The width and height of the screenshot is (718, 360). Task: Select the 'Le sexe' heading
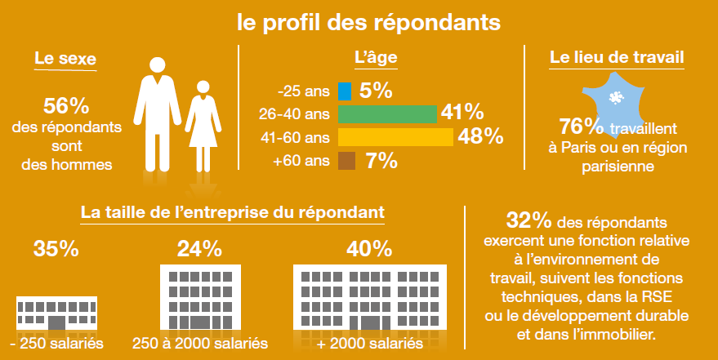tap(65, 60)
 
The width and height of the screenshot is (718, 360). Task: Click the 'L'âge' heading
tap(376, 60)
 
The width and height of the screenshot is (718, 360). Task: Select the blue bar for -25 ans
tap(344, 90)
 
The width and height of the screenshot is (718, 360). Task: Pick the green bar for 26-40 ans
tap(387, 113)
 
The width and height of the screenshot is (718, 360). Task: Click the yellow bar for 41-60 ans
tap(395, 136)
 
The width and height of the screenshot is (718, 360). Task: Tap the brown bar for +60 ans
tap(346, 161)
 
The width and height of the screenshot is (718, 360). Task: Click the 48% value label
tap(480, 136)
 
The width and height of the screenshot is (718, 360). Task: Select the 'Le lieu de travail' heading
tap(617, 60)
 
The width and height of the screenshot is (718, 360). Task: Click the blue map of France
tap(617, 98)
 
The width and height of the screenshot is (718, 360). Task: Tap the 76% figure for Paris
tap(581, 127)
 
